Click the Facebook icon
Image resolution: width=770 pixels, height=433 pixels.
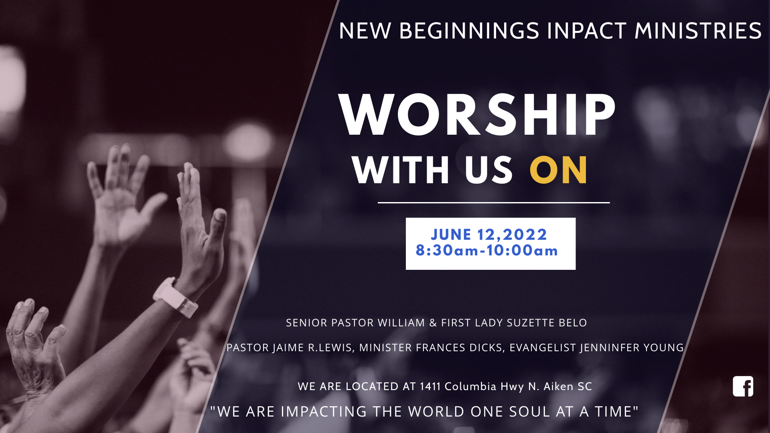click(743, 386)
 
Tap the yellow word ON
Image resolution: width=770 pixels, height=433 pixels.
click(559, 170)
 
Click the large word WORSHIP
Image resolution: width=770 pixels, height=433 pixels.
click(477, 115)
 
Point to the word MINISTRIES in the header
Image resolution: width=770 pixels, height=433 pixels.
click(698, 31)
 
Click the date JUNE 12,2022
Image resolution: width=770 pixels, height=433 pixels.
click(489, 235)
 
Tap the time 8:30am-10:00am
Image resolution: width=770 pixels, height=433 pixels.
click(487, 251)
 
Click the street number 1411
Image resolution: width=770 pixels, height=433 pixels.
click(430, 386)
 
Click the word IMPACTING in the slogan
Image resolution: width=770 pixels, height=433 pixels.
click(324, 412)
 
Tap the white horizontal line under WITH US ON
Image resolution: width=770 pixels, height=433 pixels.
click(494, 203)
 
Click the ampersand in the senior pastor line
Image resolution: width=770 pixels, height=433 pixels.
click(433, 323)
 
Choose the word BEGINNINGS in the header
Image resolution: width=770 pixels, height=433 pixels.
click(469, 31)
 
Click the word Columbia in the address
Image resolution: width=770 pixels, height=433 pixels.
click(471, 386)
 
